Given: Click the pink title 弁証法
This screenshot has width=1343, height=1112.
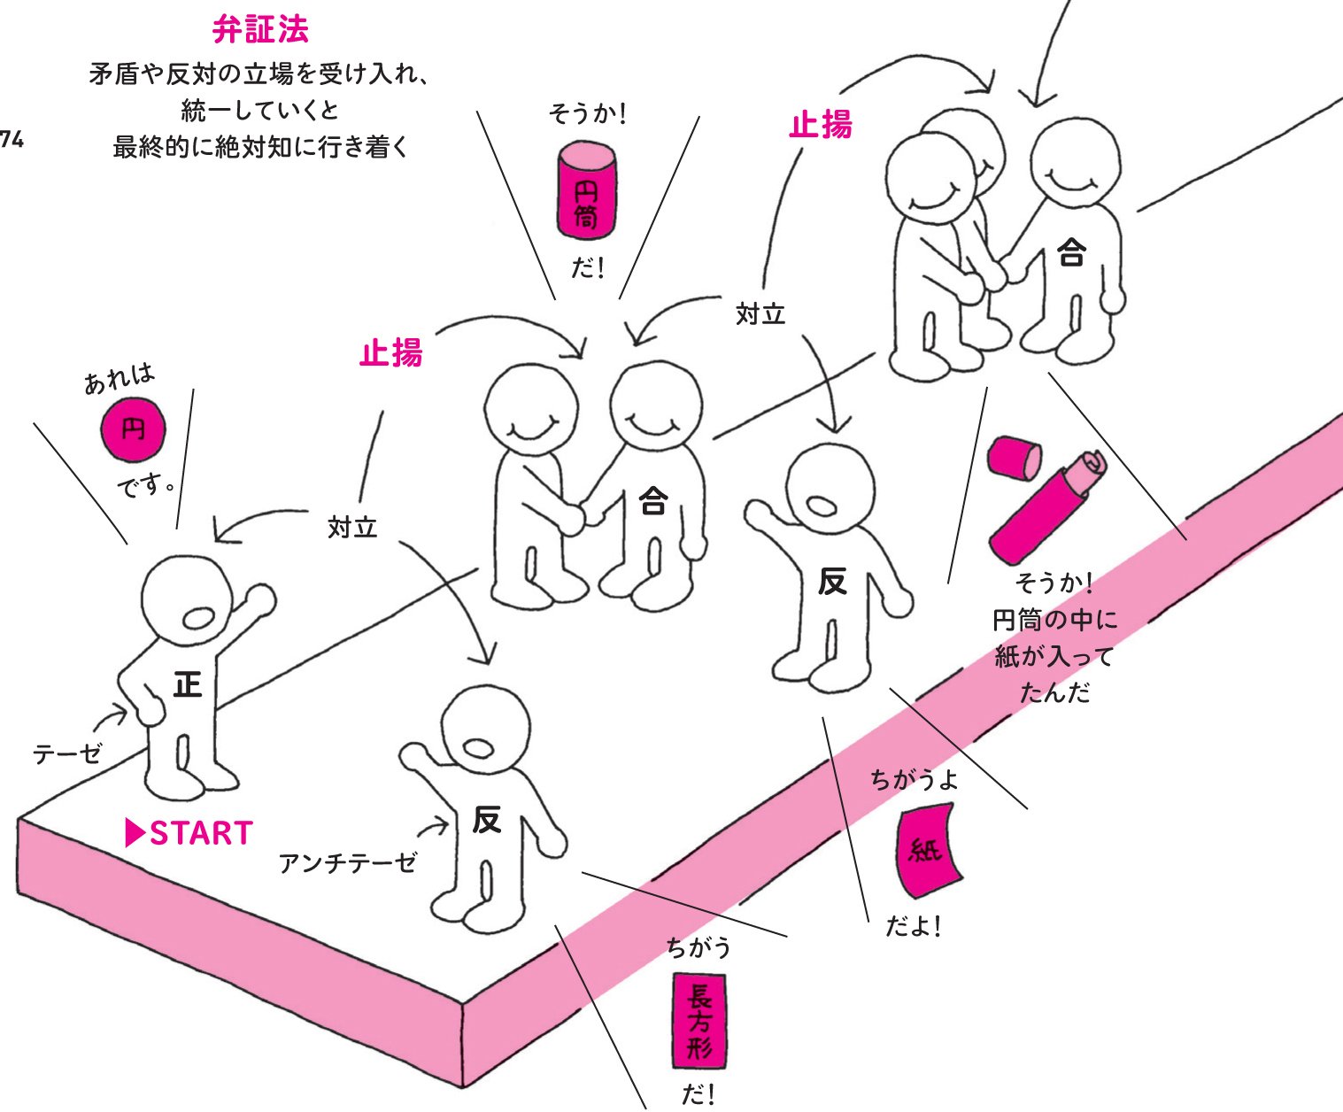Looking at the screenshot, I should pos(260,31).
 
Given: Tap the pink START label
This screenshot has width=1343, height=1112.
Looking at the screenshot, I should pos(189,833).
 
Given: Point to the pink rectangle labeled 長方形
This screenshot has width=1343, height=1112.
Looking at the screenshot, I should pos(699,1021).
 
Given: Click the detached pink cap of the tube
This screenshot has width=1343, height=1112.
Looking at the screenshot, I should pos(1014,456).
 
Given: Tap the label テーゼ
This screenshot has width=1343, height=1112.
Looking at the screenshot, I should pos(67,754).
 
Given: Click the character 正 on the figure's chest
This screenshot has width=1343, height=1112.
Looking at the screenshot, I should pos(187,684).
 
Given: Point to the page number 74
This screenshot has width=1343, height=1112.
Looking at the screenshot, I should pos(11,138).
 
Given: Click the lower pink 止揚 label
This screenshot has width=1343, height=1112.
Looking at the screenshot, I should pos(391,353).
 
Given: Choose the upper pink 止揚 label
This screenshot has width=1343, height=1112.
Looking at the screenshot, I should pos(821,125).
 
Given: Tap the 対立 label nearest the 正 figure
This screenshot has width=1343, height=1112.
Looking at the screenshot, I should pos(352,528).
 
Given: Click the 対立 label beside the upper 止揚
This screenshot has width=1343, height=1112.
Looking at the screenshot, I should pos(760,314).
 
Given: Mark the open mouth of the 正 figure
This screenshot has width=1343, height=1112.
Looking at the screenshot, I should pos(197,617).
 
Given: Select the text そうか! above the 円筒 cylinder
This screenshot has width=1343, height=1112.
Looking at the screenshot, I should pos(587,114).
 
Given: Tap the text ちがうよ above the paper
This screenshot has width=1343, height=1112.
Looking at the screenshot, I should pos(914,780).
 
